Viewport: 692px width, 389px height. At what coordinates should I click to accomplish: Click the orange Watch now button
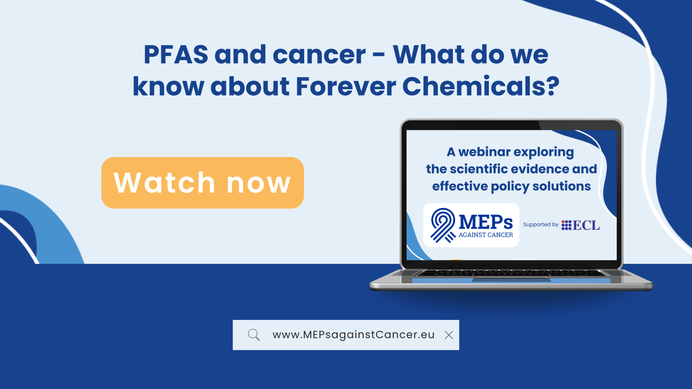tap(202, 183)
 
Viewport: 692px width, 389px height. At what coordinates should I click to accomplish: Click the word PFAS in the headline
tap(176, 55)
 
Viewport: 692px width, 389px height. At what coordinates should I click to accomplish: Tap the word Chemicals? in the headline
tap(481, 86)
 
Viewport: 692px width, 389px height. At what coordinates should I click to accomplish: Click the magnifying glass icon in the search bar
tap(254, 335)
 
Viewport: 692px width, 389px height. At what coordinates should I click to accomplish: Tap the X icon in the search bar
tap(449, 335)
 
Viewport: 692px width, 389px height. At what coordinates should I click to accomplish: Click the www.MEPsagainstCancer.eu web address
tap(353, 335)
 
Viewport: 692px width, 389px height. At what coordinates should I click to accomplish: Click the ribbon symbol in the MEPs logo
tap(443, 225)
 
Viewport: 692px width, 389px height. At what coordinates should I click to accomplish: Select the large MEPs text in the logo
tap(486, 222)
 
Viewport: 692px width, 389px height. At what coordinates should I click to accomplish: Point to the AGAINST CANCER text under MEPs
tap(486, 235)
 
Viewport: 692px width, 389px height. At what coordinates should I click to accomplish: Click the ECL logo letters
tap(586, 225)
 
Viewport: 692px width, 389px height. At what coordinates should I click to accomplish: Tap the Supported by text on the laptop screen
tap(541, 224)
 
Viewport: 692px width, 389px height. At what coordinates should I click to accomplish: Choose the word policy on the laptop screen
tap(510, 186)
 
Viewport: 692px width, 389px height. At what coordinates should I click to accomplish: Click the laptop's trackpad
tap(511, 280)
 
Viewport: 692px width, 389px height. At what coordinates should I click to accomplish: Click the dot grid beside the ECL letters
tap(566, 225)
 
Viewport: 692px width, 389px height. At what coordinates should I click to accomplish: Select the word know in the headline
tap(169, 86)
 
